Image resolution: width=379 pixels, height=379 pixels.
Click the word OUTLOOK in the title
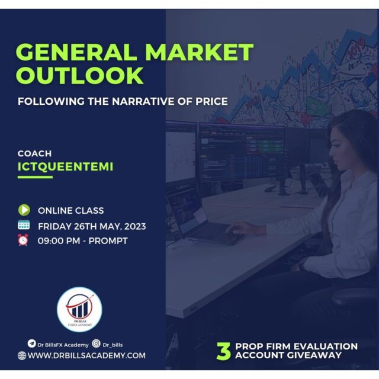click(x=80, y=76)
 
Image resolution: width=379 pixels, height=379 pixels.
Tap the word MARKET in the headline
click(x=199, y=52)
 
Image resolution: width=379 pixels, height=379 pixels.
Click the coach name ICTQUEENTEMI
click(x=65, y=166)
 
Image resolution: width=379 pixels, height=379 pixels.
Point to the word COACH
click(x=34, y=153)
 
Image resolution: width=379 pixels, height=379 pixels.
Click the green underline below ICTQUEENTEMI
click(x=35, y=177)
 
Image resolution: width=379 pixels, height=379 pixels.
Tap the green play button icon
click(x=24, y=210)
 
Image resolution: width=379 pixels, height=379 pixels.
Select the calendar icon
click(x=24, y=225)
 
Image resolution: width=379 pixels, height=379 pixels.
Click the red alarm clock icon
click(x=23, y=240)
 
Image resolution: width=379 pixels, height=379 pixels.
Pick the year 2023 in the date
click(x=135, y=227)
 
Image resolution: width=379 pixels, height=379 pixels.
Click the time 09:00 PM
click(x=59, y=241)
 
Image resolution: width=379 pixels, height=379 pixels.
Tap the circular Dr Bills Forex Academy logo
click(x=79, y=309)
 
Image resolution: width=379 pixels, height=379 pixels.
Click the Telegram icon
click(x=31, y=343)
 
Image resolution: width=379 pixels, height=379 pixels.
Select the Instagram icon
click(x=96, y=343)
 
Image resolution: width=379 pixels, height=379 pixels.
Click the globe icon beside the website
click(x=22, y=355)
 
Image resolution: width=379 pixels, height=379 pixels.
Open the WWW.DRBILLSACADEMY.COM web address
click(x=86, y=355)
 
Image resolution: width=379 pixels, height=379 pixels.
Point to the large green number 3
click(x=223, y=351)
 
